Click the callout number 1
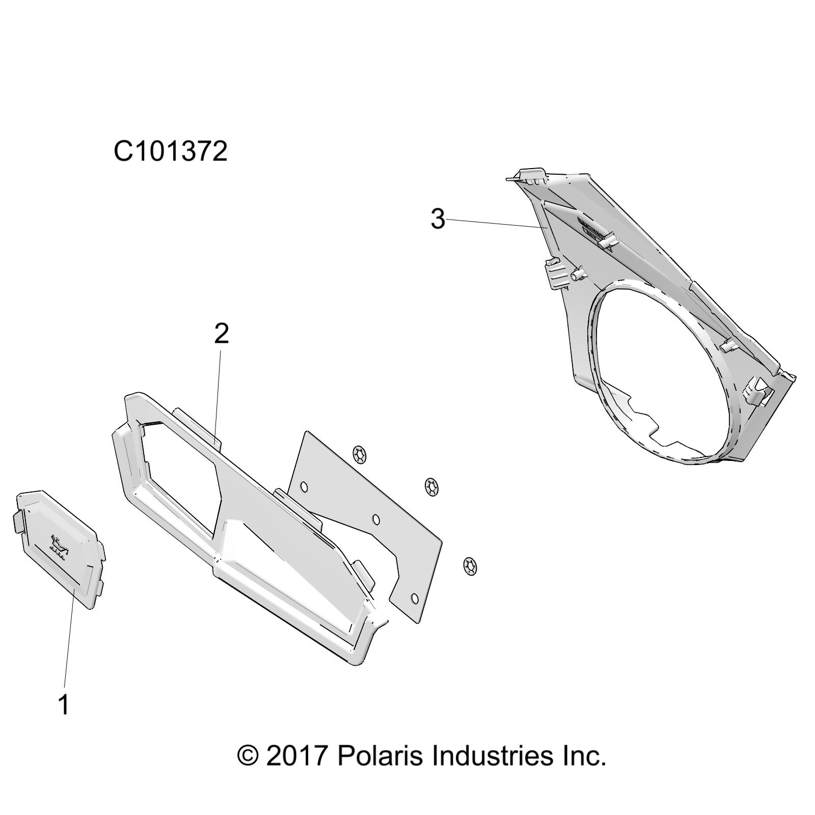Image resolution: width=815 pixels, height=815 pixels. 64,704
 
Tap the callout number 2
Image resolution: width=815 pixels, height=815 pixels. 222,334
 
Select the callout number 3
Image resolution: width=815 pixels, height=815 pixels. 438,219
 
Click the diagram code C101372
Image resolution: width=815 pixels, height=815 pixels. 170,151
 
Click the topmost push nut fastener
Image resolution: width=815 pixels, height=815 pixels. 361,454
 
